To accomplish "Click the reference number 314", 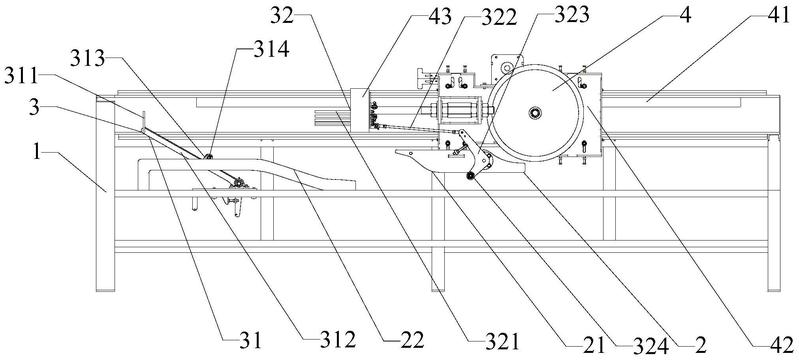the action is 271,49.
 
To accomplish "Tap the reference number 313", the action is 88,59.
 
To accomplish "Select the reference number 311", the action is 21,76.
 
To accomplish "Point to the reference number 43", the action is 440,17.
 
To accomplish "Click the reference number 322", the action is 499,18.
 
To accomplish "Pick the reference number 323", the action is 571,15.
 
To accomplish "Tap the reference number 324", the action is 650,346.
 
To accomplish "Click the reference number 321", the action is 502,341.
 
